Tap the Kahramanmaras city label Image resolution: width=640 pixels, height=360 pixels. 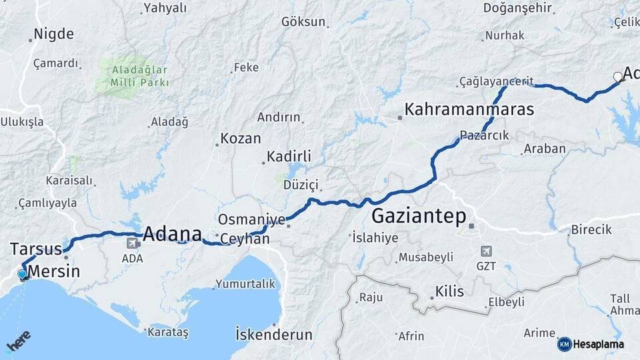pyautogui.click(x=469, y=109)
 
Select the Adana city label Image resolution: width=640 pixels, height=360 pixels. pyautogui.click(x=172, y=234)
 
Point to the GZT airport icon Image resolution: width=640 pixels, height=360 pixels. pyautogui.click(x=485, y=251)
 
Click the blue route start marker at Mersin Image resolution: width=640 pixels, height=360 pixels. pyautogui.click(x=22, y=274)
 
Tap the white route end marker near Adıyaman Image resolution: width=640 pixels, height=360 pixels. pyautogui.click(x=617, y=77)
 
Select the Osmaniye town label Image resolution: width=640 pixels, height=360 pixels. pyautogui.click(x=251, y=220)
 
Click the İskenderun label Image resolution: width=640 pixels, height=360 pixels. pyautogui.click(x=274, y=334)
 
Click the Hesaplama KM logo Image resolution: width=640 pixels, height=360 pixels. pyautogui.click(x=564, y=344)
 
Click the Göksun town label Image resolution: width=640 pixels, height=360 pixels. pyautogui.click(x=303, y=22)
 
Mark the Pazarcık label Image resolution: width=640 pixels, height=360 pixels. pyautogui.click(x=485, y=135)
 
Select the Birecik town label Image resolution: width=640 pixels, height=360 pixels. pyautogui.click(x=591, y=230)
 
